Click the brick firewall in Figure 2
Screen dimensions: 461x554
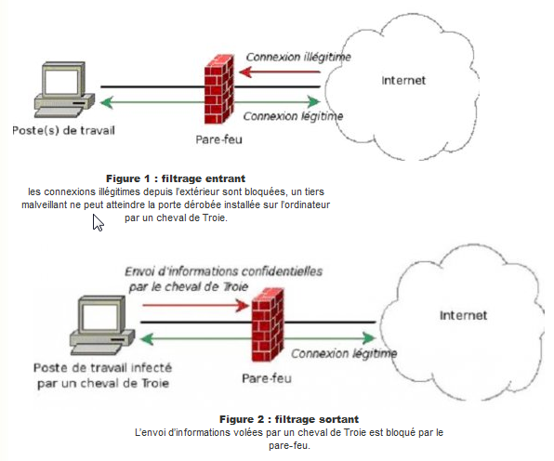(x=269, y=323)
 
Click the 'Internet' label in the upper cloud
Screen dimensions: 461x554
(x=403, y=81)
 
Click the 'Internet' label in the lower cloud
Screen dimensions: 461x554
(x=463, y=315)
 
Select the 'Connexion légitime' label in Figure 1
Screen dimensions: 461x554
(x=292, y=117)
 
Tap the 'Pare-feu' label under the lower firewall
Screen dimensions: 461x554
(x=265, y=378)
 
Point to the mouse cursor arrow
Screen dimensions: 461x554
(x=98, y=222)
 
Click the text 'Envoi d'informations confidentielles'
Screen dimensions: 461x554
(x=224, y=271)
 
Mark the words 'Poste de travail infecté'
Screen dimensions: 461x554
(x=98, y=368)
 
